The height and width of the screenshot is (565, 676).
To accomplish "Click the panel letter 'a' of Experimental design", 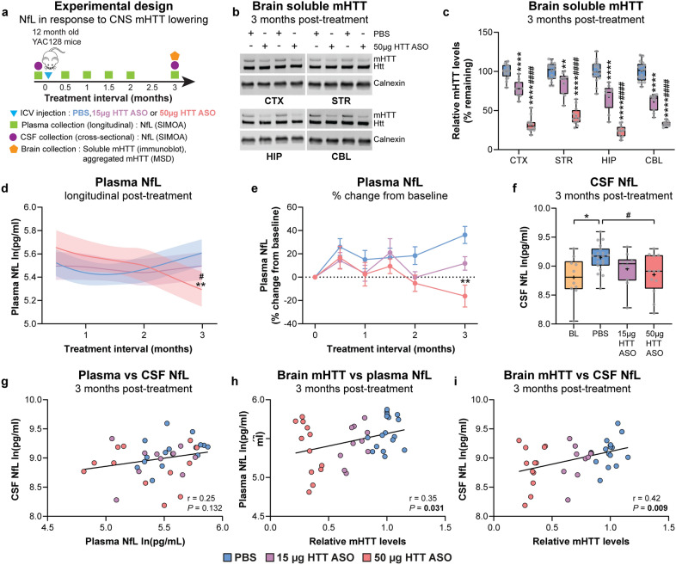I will coord(6,7).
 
